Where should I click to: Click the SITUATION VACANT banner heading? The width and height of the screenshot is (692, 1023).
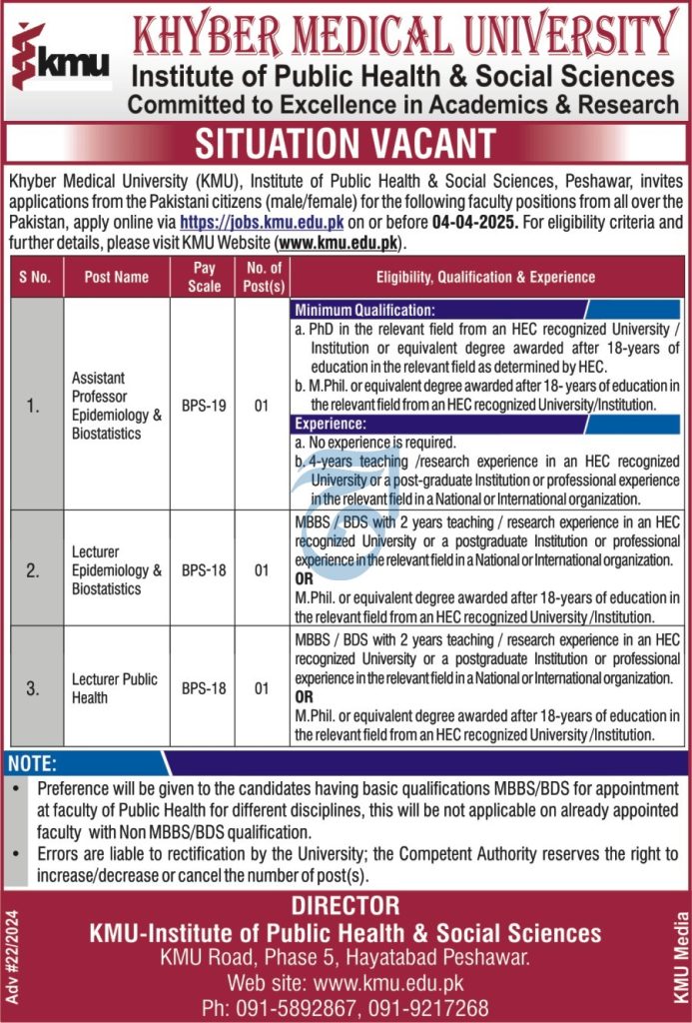[x=345, y=144]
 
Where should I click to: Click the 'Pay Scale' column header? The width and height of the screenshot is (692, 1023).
[x=204, y=277]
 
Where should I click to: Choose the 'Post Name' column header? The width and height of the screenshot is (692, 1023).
[x=117, y=277]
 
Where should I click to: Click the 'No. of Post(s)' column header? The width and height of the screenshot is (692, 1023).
[x=262, y=277]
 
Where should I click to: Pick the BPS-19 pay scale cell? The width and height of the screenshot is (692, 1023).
[x=204, y=408]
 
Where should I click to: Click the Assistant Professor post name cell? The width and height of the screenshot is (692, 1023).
[x=116, y=407]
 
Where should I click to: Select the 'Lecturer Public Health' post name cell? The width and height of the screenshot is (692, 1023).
[x=115, y=688]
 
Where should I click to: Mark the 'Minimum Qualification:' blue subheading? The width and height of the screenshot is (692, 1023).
[x=364, y=310]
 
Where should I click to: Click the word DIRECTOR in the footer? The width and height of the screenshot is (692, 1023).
[x=345, y=906]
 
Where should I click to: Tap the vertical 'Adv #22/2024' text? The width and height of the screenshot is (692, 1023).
[x=12, y=957]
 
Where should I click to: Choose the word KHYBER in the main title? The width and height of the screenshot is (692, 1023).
[x=212, y=36]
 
